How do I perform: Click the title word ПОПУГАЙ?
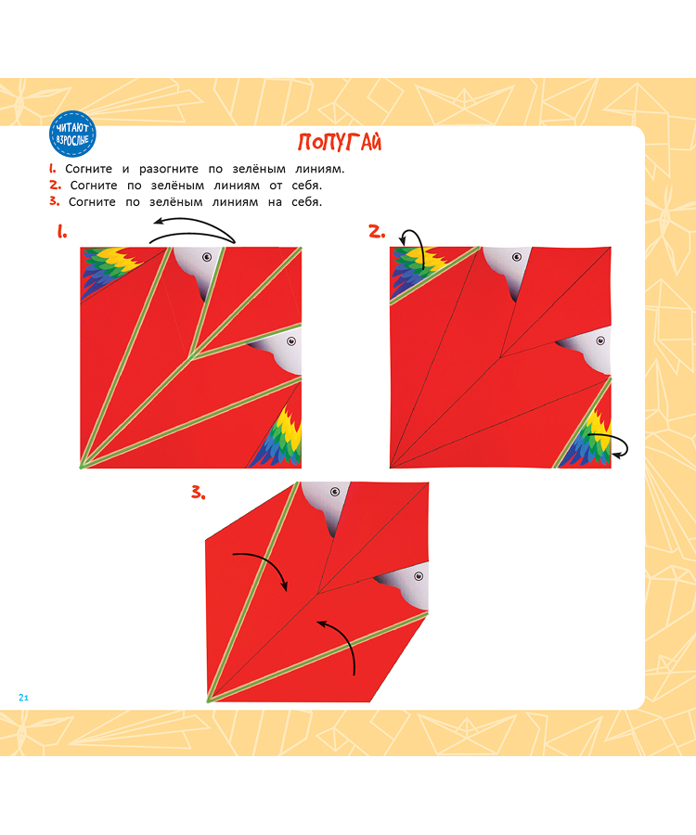point(340,142)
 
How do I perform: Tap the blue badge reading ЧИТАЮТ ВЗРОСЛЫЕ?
point(72,135)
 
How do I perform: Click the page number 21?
point(23,698)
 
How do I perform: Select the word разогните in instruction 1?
point(169,169)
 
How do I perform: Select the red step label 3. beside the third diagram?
point(198,493)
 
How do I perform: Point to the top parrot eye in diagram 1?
point(207,257)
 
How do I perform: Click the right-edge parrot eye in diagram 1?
point(291,340)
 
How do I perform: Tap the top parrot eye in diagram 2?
point(517,257)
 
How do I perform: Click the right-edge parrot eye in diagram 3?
point(419,576)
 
